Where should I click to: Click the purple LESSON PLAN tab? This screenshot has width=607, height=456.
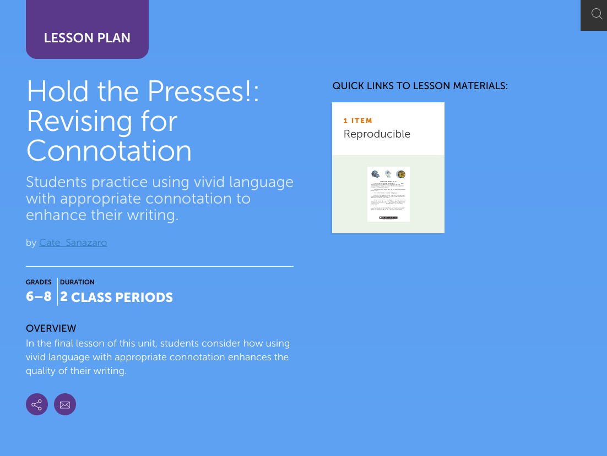(x=87, y=38)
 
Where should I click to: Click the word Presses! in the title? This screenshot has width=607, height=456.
(x=200, y=92)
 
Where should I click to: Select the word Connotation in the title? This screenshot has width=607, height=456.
(x=109, y=150)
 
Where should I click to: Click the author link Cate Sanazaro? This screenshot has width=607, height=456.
(x=73, y=243)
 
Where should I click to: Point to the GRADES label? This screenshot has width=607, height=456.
(x=39, y=282)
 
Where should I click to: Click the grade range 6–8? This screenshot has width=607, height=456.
(x=39, y=297)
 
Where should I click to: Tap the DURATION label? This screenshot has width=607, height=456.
(x=77, y=282)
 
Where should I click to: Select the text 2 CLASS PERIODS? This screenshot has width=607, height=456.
(x=117, y=298)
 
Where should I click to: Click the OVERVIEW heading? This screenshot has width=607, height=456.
(x=51, y=328)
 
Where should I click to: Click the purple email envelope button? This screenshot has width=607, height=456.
(x=65, y=405)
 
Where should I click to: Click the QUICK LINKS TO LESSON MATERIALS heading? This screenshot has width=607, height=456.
(x=420, y=86)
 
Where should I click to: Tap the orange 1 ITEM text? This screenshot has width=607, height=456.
(x=358, y=121)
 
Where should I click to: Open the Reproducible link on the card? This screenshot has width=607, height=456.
(x=377, y=134)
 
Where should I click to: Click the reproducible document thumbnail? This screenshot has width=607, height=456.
(x=388, y=194)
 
